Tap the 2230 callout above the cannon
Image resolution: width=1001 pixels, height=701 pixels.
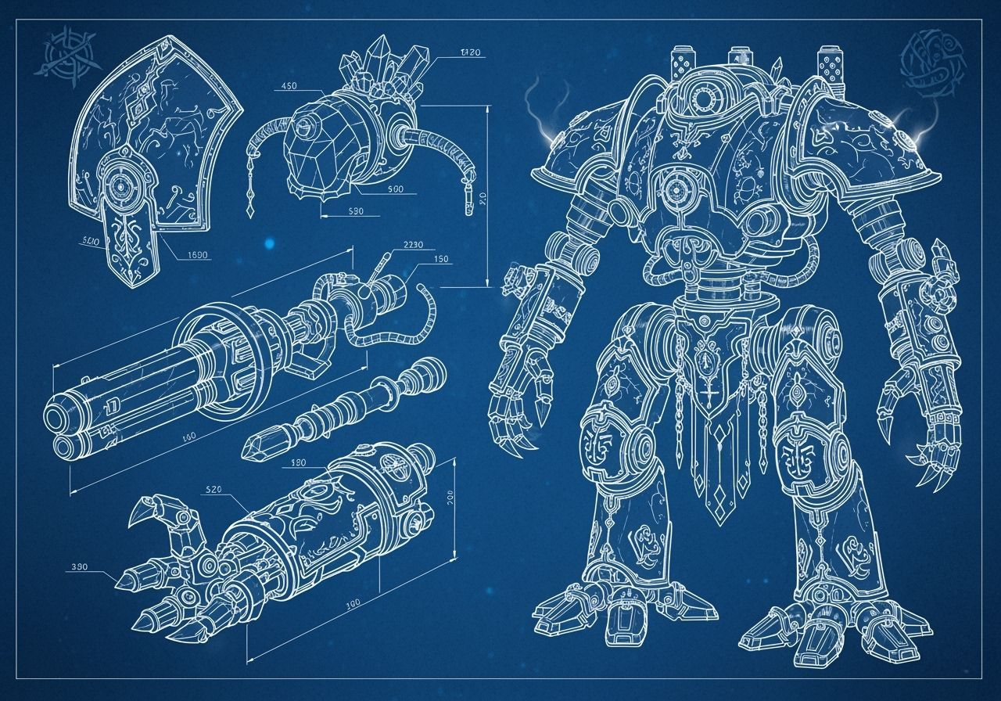tap(414, 244)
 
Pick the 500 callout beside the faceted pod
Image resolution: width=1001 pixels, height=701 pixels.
tap(394, 189)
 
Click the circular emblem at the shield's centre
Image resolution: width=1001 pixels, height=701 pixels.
tap(120, 185)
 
